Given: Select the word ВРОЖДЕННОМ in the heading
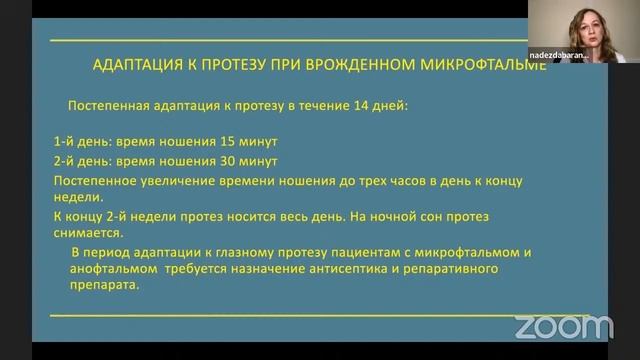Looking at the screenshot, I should [x=371, y=67].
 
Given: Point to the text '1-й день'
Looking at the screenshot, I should [x=80, y=142].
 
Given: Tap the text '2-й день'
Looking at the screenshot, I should [x=80, y=161].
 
